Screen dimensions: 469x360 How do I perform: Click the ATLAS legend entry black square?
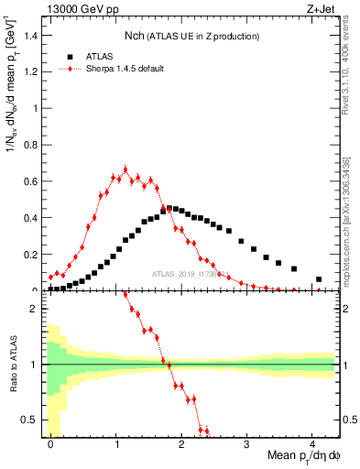click(71, 56)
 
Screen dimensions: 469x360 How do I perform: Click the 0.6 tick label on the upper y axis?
click(32, 181)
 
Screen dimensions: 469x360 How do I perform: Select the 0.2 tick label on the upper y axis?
click(32, 255)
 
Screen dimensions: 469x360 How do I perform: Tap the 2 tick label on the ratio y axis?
click(37, 310)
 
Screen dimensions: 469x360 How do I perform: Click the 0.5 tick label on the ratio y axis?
click(32, 420)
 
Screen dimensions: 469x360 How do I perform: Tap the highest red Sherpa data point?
click(125, 169)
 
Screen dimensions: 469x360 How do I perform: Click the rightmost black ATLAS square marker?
click(319, 279)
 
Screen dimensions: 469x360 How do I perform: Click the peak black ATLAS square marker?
click(169, 208)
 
